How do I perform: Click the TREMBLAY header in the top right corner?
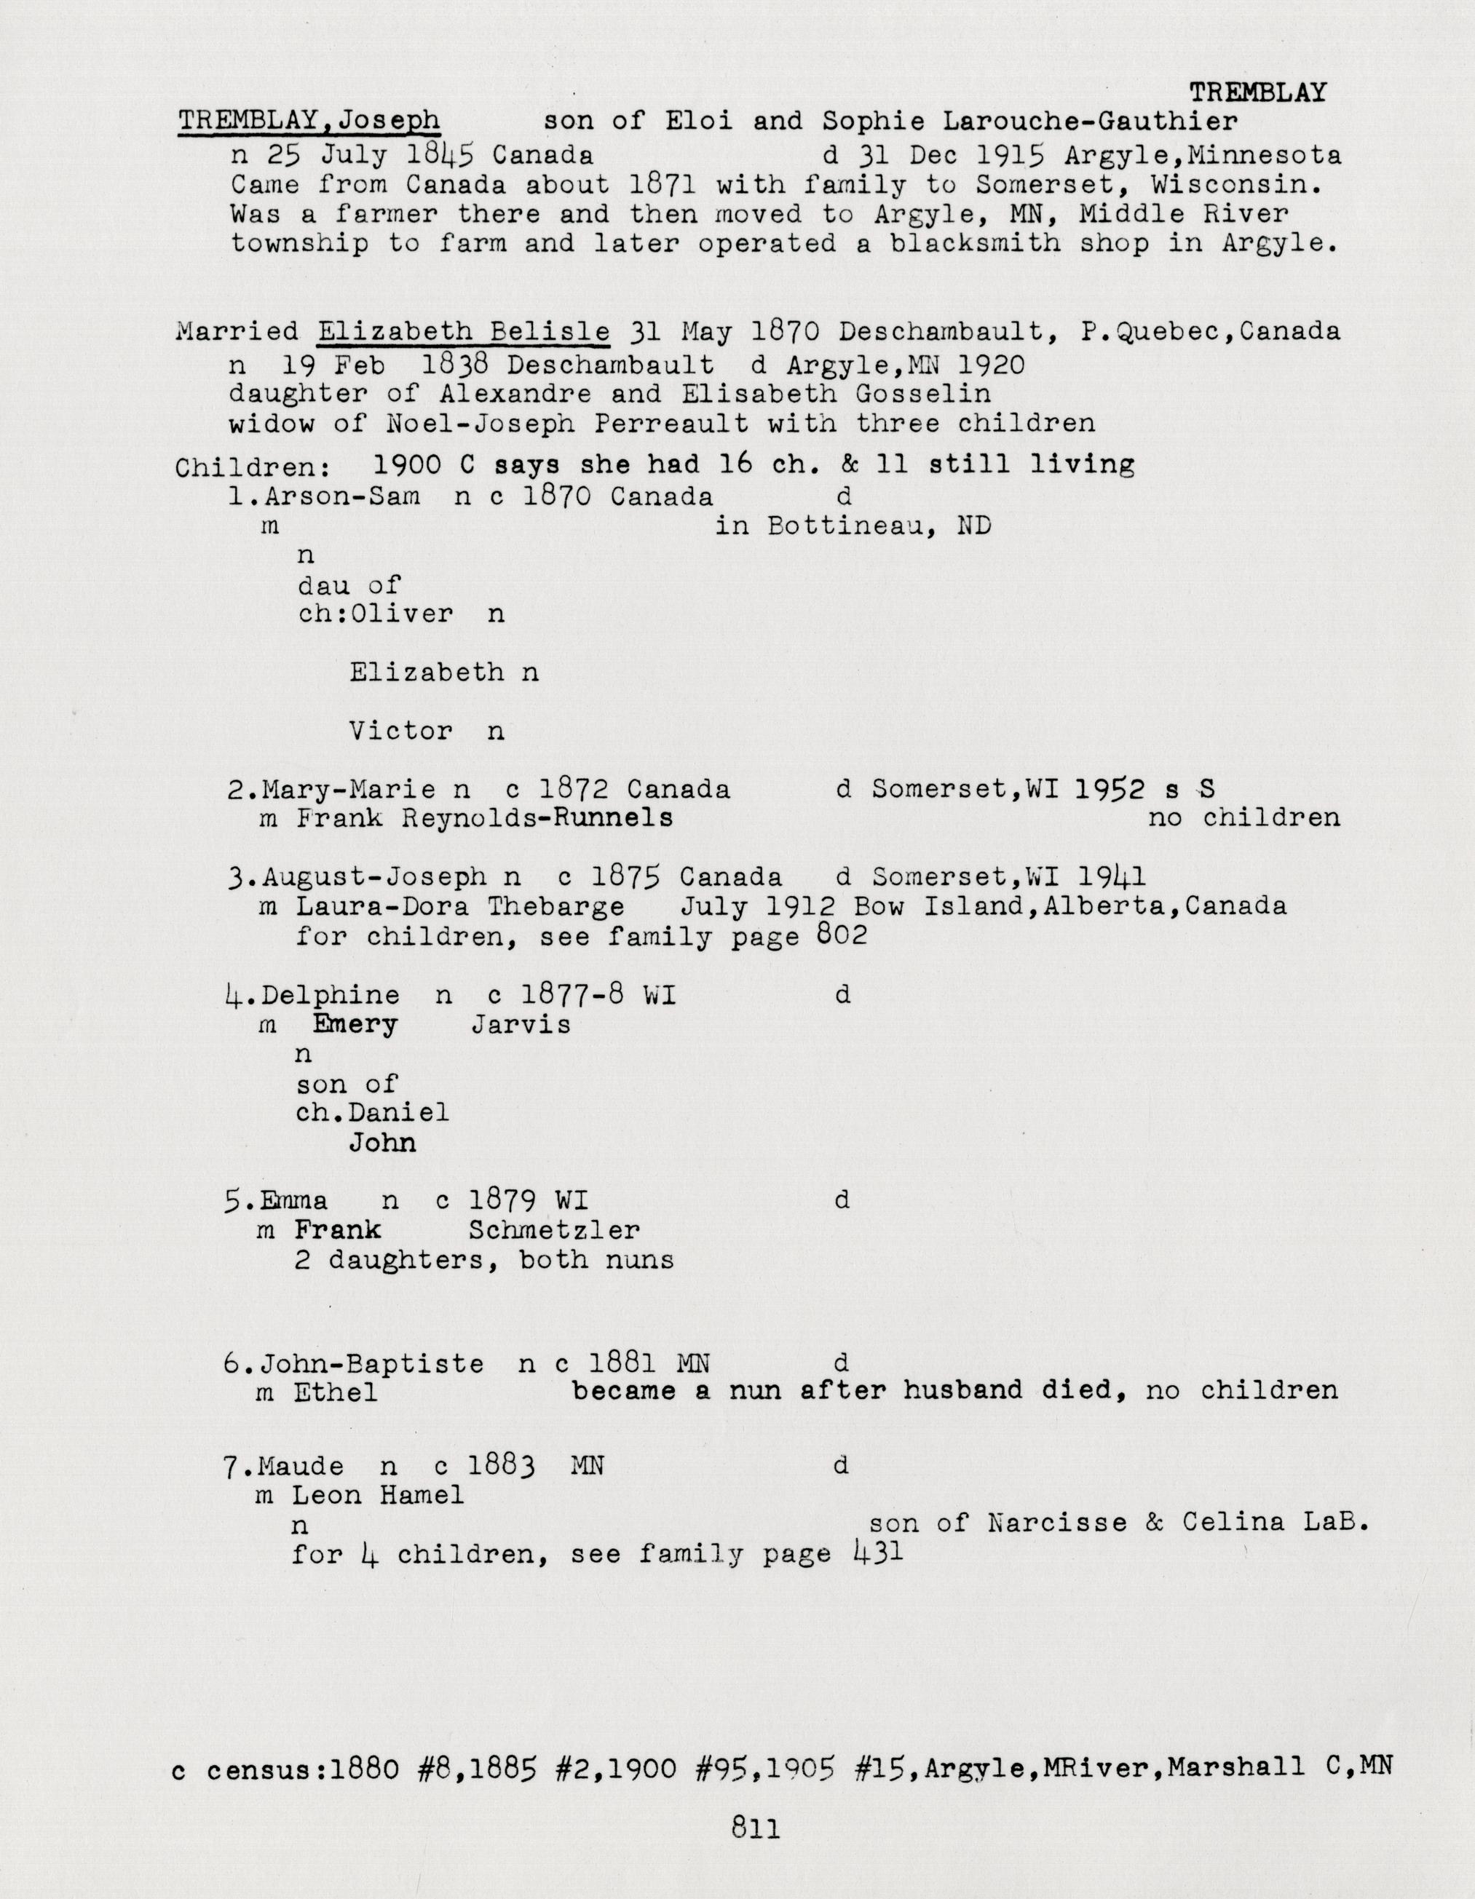1257,92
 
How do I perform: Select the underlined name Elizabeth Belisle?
463,331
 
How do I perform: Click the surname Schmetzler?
554,1230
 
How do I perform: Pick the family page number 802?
842,935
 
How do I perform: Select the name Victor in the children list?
401,732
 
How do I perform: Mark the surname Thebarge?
555,906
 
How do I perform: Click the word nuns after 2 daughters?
639,1260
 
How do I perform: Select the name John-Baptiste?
372,1363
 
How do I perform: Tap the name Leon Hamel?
377,1496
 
